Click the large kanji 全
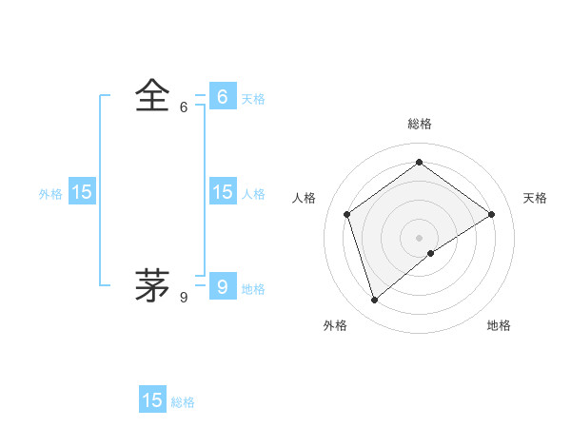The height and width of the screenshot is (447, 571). tap(152, 96)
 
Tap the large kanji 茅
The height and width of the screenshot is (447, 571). tap(152, 284)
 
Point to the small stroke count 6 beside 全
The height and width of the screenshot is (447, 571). tap(184, 107)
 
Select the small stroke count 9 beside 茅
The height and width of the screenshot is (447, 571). tap(184, 298)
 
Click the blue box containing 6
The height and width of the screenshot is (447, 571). tap(223, 96)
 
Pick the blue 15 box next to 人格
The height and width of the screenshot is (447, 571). tap(223, 192)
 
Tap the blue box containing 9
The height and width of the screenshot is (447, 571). tap(223, 285)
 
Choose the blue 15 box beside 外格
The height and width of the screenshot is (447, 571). tap(82, 192)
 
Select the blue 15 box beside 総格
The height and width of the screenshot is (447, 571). tap(152, 400)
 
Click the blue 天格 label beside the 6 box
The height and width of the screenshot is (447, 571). tap(253, 99)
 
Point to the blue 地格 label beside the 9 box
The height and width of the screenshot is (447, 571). tap(253, 289)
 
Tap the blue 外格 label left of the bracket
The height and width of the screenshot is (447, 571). tap(50, 194)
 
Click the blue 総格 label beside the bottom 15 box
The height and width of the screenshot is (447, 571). tap(183, 403)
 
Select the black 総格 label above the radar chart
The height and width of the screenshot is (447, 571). tap(419, 124)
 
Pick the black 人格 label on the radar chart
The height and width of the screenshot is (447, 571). tap(304, 198)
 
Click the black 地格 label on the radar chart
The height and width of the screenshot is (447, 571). tap(499, 326)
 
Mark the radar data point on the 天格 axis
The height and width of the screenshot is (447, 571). tap(491, 214)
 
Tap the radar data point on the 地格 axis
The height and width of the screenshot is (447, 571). tap(431, 253)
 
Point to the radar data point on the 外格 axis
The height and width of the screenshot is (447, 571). tap(374, 301)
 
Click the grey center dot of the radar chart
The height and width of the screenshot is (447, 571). tap(419, 237)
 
